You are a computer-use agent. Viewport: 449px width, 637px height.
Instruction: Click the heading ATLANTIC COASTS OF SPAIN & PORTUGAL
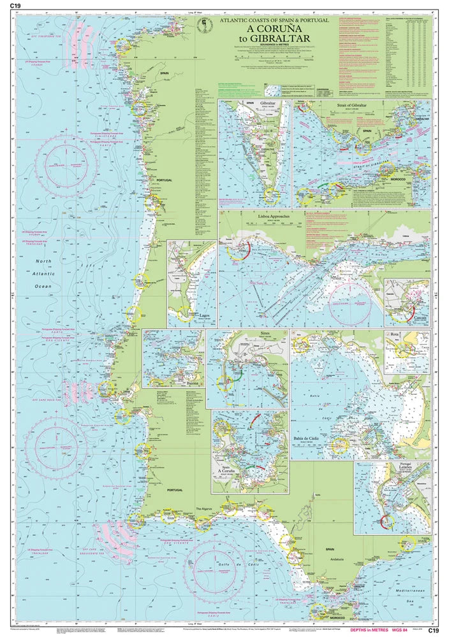(x=274, y=21)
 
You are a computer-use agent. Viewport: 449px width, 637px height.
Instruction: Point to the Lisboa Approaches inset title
(x=274, y=217)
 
